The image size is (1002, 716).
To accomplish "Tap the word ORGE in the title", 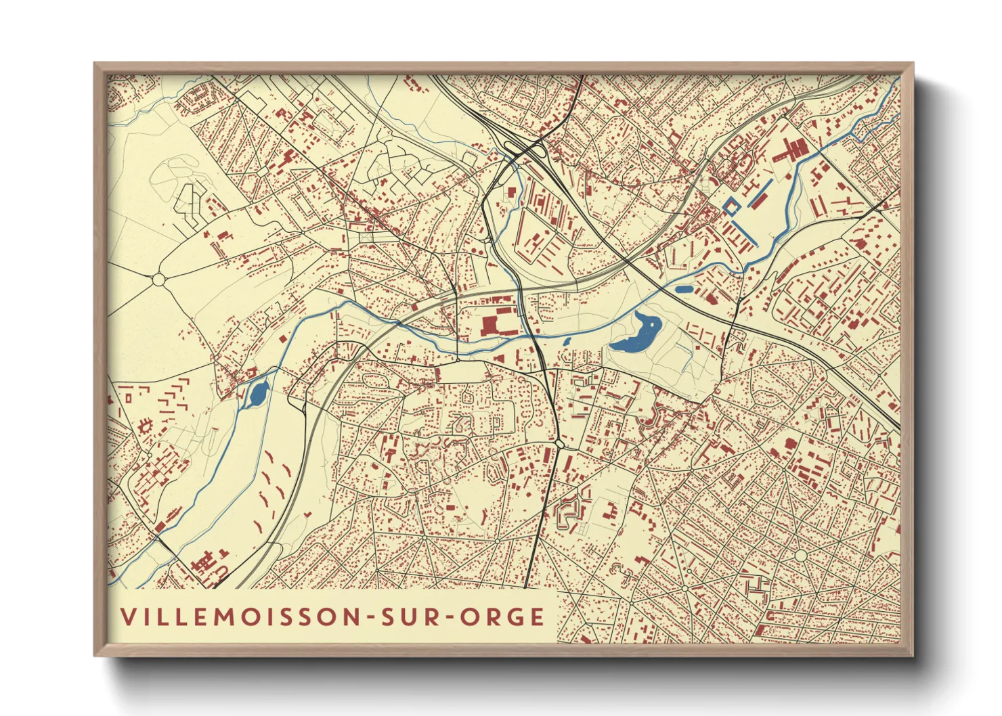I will (502, 617).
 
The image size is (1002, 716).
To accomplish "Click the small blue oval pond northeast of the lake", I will (684, 289).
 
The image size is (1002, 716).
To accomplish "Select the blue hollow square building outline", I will (731, 206).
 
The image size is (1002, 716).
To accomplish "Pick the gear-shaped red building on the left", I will (144, 427).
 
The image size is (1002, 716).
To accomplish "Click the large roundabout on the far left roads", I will (159, 278).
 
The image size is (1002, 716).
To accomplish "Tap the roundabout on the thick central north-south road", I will (560, 444).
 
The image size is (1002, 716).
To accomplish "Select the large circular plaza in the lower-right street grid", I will (801, 556).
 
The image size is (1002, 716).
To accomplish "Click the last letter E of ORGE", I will (538, 617).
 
